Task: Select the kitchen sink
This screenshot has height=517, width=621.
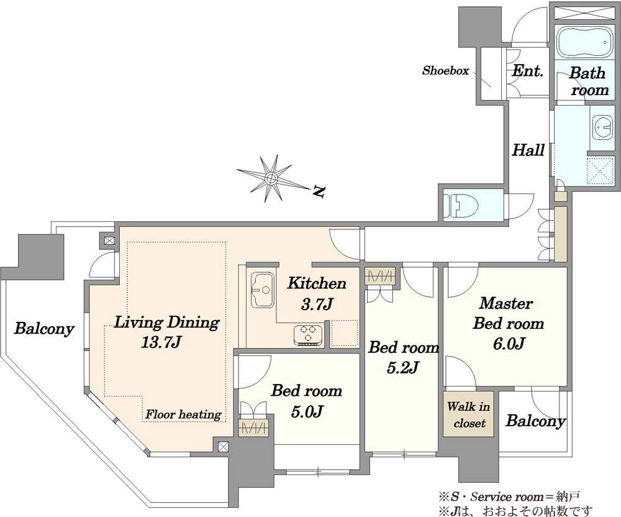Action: pyautogui.click(x=262, y=290)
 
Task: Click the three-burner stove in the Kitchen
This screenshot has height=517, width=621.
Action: pyautogui.click(x=309, y=335)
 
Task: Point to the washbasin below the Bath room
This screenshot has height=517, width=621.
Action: pyautogui.click(x=604, y=127)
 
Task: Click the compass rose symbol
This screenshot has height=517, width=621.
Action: pyautogui.click(x=272, y=179)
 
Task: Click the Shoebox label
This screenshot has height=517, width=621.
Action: pyautogui.click(x=445, y=71)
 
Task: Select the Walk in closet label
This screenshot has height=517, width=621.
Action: pyautogui.click(x=468, y=415)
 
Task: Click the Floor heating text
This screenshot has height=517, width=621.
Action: pyautogui.click(x=183, y=414)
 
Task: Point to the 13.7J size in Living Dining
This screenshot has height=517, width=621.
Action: pyautogui.click(x=161, y=342)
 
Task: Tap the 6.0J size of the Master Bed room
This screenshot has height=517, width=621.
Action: pyautogui.click(x=509, y=343)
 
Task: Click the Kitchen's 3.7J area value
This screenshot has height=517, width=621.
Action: pyautogui.click(x=317, y=304)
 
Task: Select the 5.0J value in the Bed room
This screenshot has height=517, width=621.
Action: pyautogui.click(x=307, y=411)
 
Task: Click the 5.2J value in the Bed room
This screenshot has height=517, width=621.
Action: pyautogui.click(x=403, y=368)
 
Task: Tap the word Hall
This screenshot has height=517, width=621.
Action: pyautogui.click(x=528, y=150)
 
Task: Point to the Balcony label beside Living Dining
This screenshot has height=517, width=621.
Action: pyautogui.click(x=44, y=329)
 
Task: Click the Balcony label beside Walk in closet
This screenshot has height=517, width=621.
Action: pyautogui.click(x=536, y=421)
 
